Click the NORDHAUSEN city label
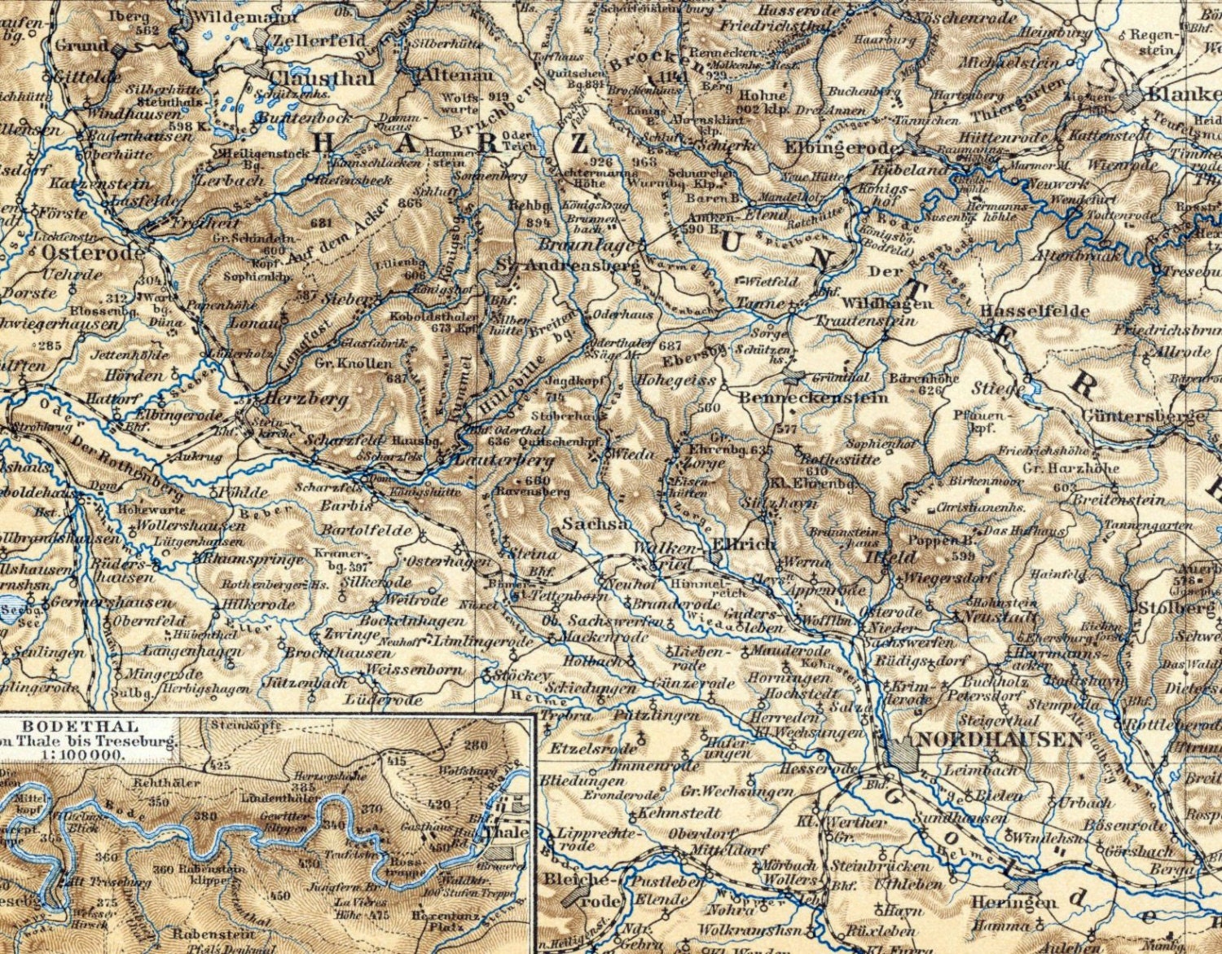pyautogui.click(x=999, y=740)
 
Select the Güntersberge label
pyautogui.click(x=1143, y=416)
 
